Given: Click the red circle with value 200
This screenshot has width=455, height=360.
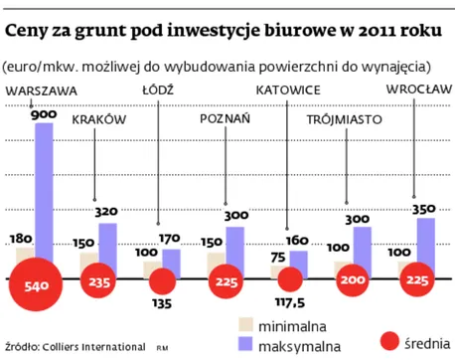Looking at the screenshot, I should (352, 281).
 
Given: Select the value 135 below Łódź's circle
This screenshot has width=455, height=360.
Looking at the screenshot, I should (159, 306).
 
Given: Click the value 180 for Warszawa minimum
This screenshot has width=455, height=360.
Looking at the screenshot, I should (19, 239).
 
